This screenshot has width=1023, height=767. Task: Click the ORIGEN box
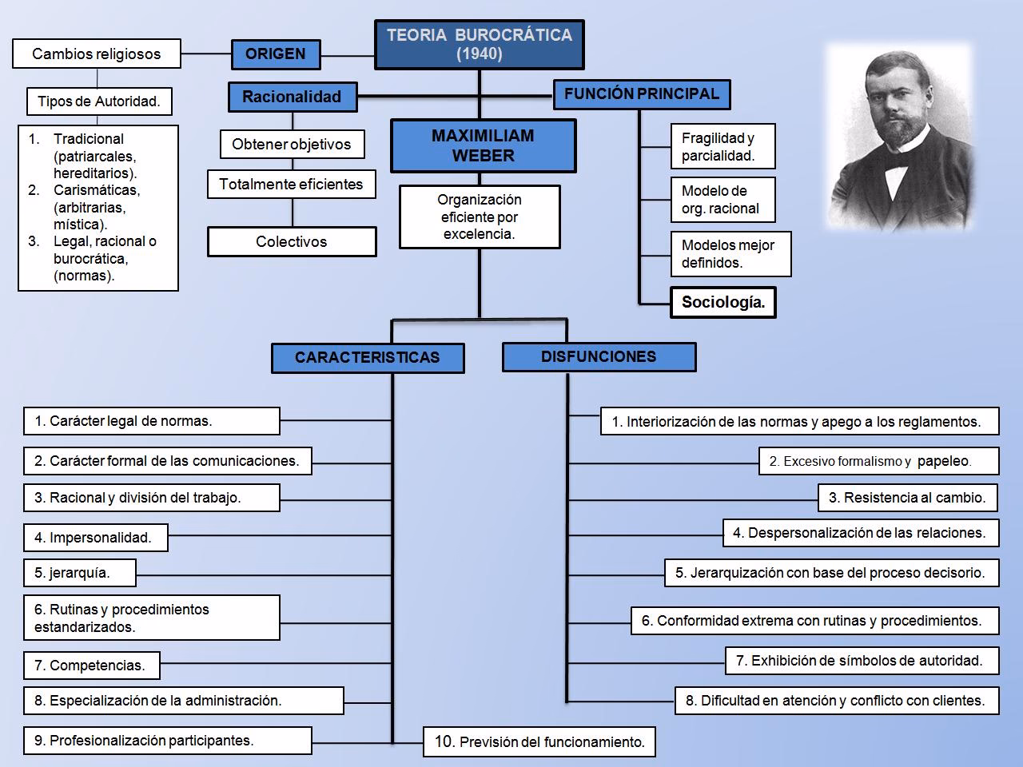[x=276, y=54]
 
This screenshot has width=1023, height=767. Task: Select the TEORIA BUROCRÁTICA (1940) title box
[x=480, y=45]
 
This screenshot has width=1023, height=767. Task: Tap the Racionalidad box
[x=292, y=97]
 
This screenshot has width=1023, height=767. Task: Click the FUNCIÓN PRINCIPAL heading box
[x=641, y=94]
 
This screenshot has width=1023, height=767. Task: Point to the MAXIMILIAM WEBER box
[x=483, y=145]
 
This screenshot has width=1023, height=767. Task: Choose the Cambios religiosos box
[x=97, y=54]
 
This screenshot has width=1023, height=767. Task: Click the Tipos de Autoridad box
[x=99, y=101]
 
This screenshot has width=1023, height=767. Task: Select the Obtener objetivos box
[x=292, y=145]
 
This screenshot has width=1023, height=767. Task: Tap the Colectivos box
[x=292, y=242]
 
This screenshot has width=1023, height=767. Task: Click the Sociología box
[x=722, y=303]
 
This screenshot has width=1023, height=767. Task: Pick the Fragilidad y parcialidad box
[x=722, y=147]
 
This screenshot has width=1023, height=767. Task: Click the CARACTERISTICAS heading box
[x=368, y=358]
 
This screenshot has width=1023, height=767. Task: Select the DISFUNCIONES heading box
[x=599, y=357]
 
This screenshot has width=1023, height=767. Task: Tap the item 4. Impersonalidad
[x=95, y=538]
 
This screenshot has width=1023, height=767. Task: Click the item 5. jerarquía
[x=79, y=573]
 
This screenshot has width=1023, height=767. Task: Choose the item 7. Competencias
[x=91, y=666]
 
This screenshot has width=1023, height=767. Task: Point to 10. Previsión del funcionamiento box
[x=539, y=742]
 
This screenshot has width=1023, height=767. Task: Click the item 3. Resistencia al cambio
[x=907, y=498]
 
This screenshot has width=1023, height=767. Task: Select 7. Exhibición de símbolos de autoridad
[x=862, y=661]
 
